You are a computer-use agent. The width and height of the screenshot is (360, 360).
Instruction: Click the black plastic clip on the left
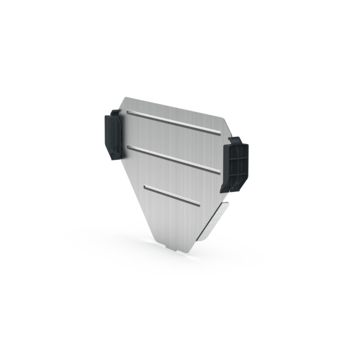(x=113, y=135)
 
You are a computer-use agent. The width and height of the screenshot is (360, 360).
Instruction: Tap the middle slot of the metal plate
(x=174, y=158)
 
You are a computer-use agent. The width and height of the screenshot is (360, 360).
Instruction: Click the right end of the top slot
(x=220, y=134)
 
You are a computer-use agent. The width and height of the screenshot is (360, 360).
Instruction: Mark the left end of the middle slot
(x=129, y=147)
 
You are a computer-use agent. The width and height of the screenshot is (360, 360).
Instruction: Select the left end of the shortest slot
(x=146, y=187)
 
